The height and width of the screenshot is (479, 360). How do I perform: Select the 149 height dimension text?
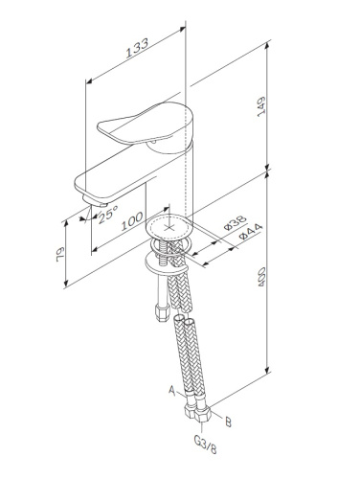pyautogui.click(x=276, y=108)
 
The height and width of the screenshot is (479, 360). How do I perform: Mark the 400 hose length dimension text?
pyautogui.click(x=276, y=285)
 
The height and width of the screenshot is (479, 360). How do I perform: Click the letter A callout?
pyautogui.click(x=171, y=390)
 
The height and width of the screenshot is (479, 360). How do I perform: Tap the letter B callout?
pyautogui.click(x=226, y=420)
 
